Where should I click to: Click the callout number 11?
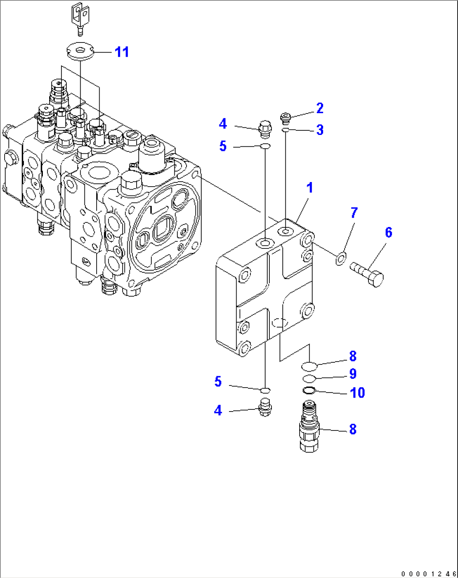tap(122, 52)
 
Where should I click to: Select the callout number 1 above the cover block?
tap(310, 187)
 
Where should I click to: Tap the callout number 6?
tap(388, 232)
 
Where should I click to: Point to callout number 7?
tap(354, 213)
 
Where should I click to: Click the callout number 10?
tap(357, 393)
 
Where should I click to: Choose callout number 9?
tap(353, 374)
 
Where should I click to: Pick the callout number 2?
tap(320, 108)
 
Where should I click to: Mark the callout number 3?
tap(320, 130)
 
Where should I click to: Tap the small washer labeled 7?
tap(341, 259)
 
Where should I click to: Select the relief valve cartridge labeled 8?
tap(309, 426)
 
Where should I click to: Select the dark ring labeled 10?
tap(309, 391)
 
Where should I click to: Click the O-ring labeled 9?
tap(309, 378)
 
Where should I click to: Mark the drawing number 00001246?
tap(428, 574)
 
